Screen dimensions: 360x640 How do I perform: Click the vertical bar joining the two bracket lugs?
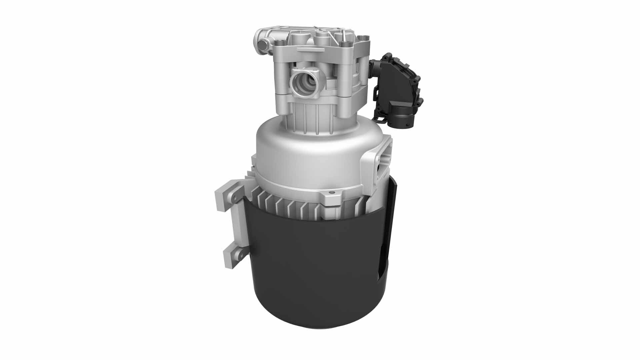[239, 227]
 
